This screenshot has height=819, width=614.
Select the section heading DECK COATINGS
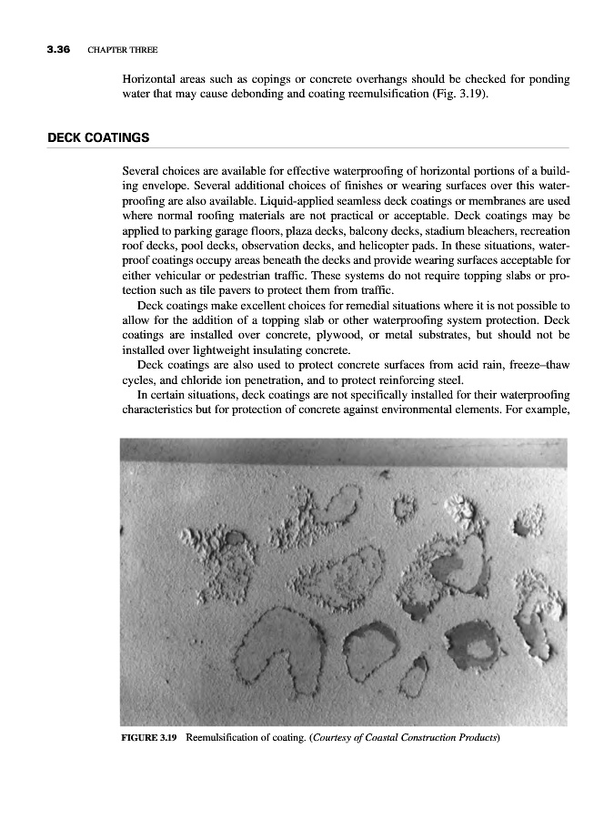click(98, 137)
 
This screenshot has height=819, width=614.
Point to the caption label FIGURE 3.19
click(149, 737)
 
